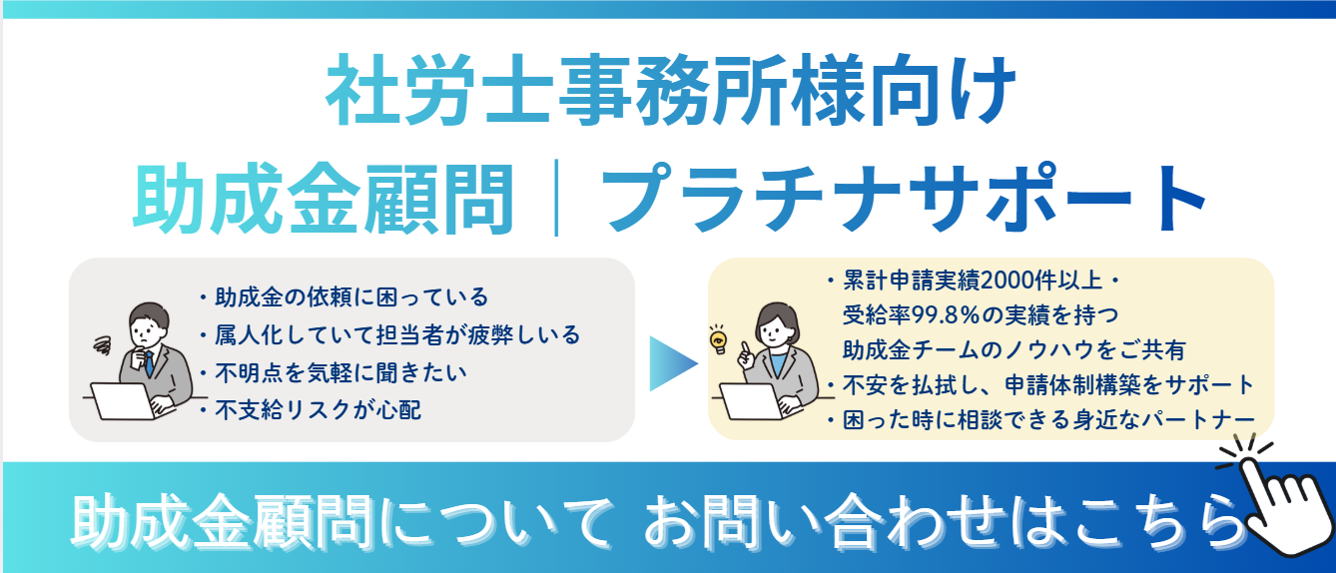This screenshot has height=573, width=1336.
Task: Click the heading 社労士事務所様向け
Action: click(x=670, y=90)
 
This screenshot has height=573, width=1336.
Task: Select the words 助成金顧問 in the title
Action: click(x=323, y=198)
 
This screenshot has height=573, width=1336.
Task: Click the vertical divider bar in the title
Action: click(x=556, y=198)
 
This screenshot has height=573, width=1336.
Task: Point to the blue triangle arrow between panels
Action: click(x=673, y=363)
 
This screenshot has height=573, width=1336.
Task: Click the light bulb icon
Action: click(x=719, y=340)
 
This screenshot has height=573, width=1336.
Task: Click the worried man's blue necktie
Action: click(x=149, y=363)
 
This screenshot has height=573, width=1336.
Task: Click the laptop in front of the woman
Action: click(x=753, y=400)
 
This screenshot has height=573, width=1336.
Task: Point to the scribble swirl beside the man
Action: click(x=103, y=345)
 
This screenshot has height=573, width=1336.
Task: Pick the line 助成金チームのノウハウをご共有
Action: click(x=1013, y=349)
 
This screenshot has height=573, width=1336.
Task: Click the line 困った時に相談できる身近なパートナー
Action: click(x=1048, y=419)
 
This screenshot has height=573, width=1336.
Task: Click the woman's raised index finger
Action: click(x=745, y=347)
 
